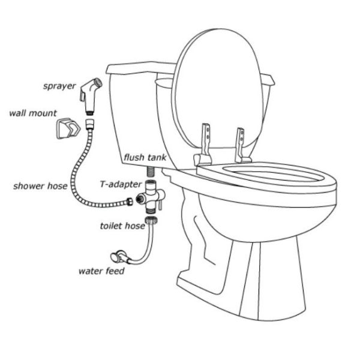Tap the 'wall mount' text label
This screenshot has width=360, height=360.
33,112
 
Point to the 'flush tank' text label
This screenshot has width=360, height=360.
145,158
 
